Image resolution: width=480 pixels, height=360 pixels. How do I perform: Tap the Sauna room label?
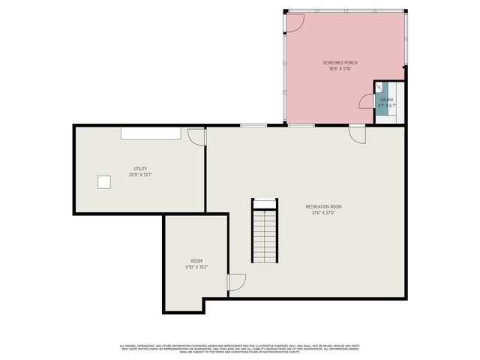click(386, 99)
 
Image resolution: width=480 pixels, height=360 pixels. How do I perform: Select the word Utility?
click(140, 169)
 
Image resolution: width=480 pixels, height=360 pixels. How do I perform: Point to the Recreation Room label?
click(323, 206)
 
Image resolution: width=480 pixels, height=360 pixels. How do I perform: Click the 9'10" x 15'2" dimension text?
click(196, 266)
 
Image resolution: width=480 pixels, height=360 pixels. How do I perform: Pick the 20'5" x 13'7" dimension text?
click(140, 175)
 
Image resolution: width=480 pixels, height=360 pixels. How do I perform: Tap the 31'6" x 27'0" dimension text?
click(323, 212)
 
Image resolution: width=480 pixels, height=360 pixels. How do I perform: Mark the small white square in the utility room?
click(103, 181)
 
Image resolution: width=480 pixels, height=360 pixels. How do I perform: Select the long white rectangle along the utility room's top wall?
click(151, 133)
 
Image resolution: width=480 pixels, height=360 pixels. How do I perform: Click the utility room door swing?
click(197, 136)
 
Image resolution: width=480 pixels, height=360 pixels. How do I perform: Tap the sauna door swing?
click(367, 101)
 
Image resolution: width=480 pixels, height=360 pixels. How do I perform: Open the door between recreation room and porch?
click(357, 133)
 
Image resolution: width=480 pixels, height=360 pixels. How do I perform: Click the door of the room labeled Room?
click(237, 282)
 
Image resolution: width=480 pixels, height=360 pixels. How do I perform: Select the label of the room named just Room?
click(196, 260)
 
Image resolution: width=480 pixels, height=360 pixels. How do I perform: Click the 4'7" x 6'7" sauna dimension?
click(386, 105)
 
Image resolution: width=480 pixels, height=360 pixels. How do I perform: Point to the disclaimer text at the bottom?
click(240, 348)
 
